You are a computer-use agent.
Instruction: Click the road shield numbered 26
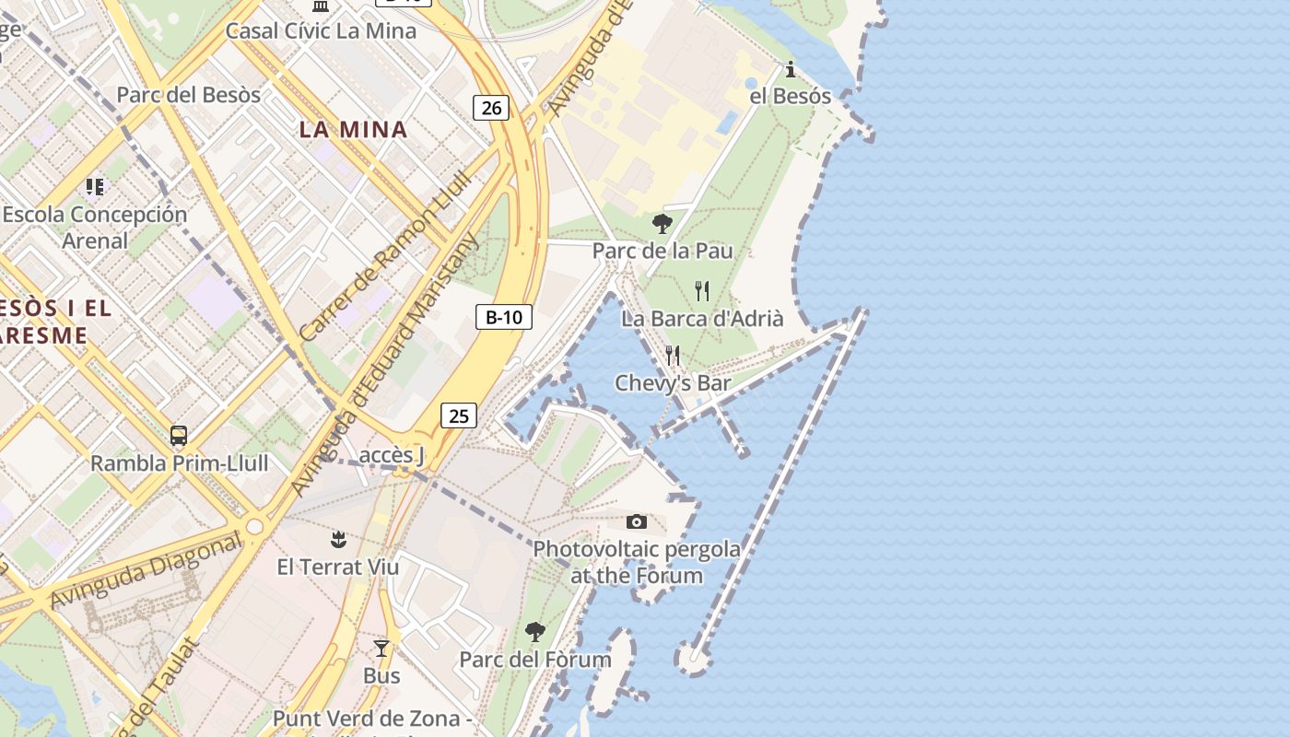[x=492, y=108]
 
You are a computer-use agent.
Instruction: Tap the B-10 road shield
[x=504, y=318]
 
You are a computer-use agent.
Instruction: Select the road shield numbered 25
[x=458, y=415]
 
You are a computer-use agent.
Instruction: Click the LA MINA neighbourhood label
[x=353, y=129]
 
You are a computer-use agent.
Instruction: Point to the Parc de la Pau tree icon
[x=662, y=224]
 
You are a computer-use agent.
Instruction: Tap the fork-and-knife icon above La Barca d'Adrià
[x=702, y=291]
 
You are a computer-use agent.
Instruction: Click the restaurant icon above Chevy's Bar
[x=673, y=356]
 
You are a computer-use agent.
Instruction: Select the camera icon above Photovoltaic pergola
[x=636, y=522]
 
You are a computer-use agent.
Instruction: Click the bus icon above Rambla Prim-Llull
[x=179, y=436]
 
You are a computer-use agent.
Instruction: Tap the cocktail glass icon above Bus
[x=381, y=649]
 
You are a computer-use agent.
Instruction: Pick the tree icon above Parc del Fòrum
[x=534, y=632]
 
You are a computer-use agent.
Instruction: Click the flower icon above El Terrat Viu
[x=338, y=539]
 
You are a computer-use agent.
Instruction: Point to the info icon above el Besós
[x=790, y=69]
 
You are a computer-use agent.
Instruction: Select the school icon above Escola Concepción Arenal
[x=95, y=187]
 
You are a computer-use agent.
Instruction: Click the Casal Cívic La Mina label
[x=321, y=30]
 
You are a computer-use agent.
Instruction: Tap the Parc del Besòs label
[x=188, y=94]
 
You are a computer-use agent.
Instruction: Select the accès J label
[x=391, y=455]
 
